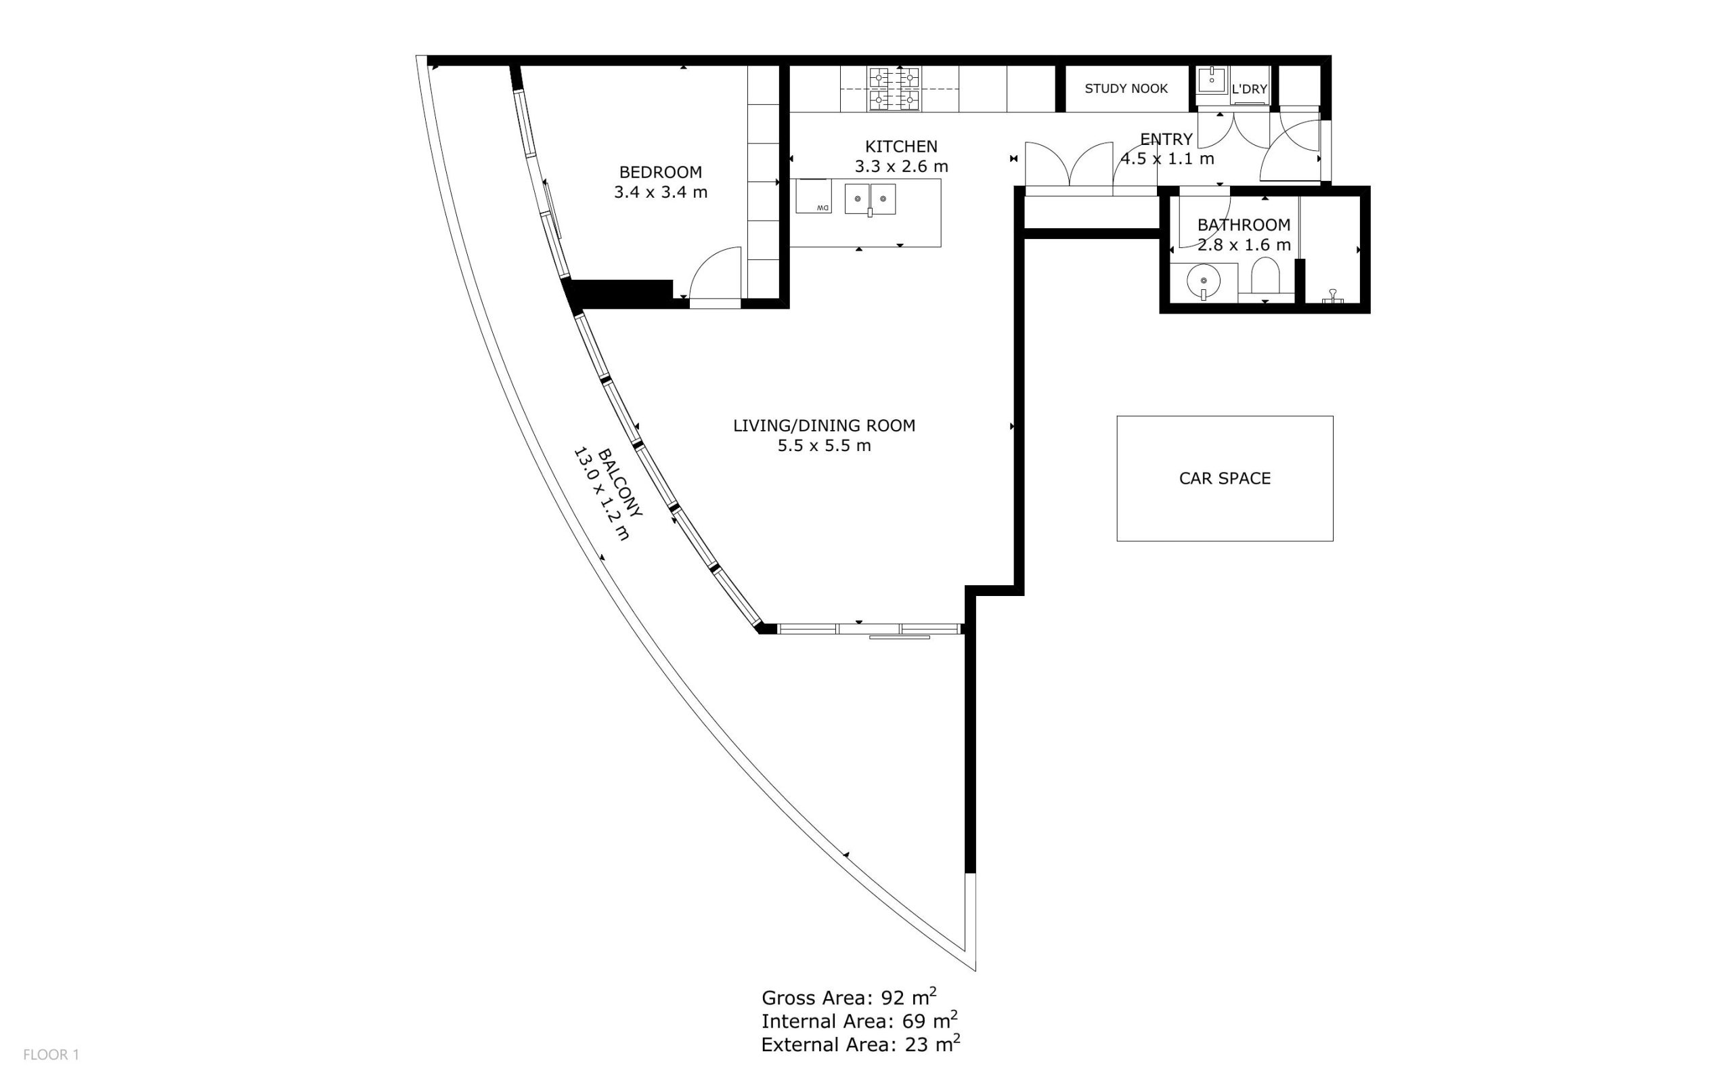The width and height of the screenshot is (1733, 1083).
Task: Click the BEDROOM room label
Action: [x=660, y=172]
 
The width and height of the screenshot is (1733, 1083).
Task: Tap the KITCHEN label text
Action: [x=900, y=146]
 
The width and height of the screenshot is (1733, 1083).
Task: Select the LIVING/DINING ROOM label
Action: [x=824, y=425]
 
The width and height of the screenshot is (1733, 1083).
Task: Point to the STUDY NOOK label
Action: [x=1126, y=89]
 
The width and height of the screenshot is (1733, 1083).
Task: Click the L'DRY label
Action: [x=1249, y=89]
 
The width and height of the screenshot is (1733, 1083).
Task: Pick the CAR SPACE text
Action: [x=1225, y=478]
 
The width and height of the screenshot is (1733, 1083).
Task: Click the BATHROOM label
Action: [x=1244, y=225]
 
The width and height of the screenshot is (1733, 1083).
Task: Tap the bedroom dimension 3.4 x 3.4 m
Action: [x=660, y=192]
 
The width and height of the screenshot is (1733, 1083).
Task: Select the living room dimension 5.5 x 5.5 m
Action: [x=824, y=446]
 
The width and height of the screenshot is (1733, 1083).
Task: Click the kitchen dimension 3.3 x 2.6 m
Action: [x=900, y=166]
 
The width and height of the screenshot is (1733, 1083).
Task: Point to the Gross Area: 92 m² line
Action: [x=849, y=997]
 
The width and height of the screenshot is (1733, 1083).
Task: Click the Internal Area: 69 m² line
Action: [x=859, y=1021]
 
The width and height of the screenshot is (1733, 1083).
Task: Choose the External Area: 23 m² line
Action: [x=860, y=1044]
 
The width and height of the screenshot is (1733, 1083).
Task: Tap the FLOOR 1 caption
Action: [x=51, y=1055]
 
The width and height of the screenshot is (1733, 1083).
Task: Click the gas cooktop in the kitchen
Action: [x=894, y=89]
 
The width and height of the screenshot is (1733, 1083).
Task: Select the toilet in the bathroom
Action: [x=1264, y=276]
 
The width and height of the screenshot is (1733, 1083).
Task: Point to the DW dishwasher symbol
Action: [x=814, y=196]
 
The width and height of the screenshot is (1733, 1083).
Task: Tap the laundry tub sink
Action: [x=1212, y=79]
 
